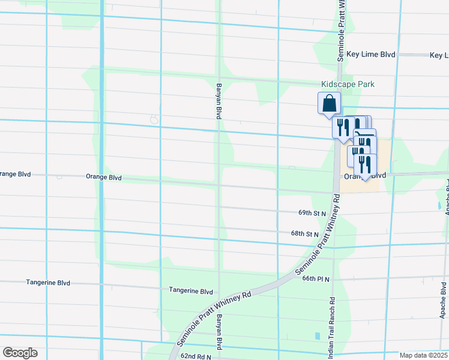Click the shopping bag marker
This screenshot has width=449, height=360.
coord(329,103)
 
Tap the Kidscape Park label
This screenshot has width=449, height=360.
coord(348,85)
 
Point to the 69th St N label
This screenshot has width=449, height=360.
coord(312,213)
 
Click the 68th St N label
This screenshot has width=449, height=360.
coord(304,234)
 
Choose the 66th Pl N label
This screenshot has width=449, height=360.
coord(316,279)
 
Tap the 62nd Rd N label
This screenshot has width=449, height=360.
coord(196,356)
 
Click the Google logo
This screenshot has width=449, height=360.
coord(20,353)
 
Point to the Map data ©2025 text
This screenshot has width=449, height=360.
coord(423,355)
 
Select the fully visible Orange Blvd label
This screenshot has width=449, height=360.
coord(104,178)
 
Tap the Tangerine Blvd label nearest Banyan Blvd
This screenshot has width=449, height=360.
coord(191,291)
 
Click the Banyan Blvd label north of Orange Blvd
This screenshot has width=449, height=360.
coord(219,101)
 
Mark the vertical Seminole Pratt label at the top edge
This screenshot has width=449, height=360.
coord(340,30)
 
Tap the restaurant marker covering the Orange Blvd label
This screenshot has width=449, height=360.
coord(365,165)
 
